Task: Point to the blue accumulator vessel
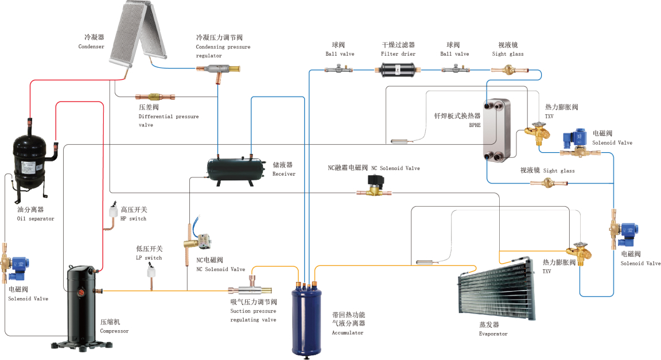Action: pyautogui.click(x=306, y=319)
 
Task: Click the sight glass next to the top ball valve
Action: pyautogui.click(x=508, y=69)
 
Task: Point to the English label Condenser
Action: pyautogui.click(x=91, y=47)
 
